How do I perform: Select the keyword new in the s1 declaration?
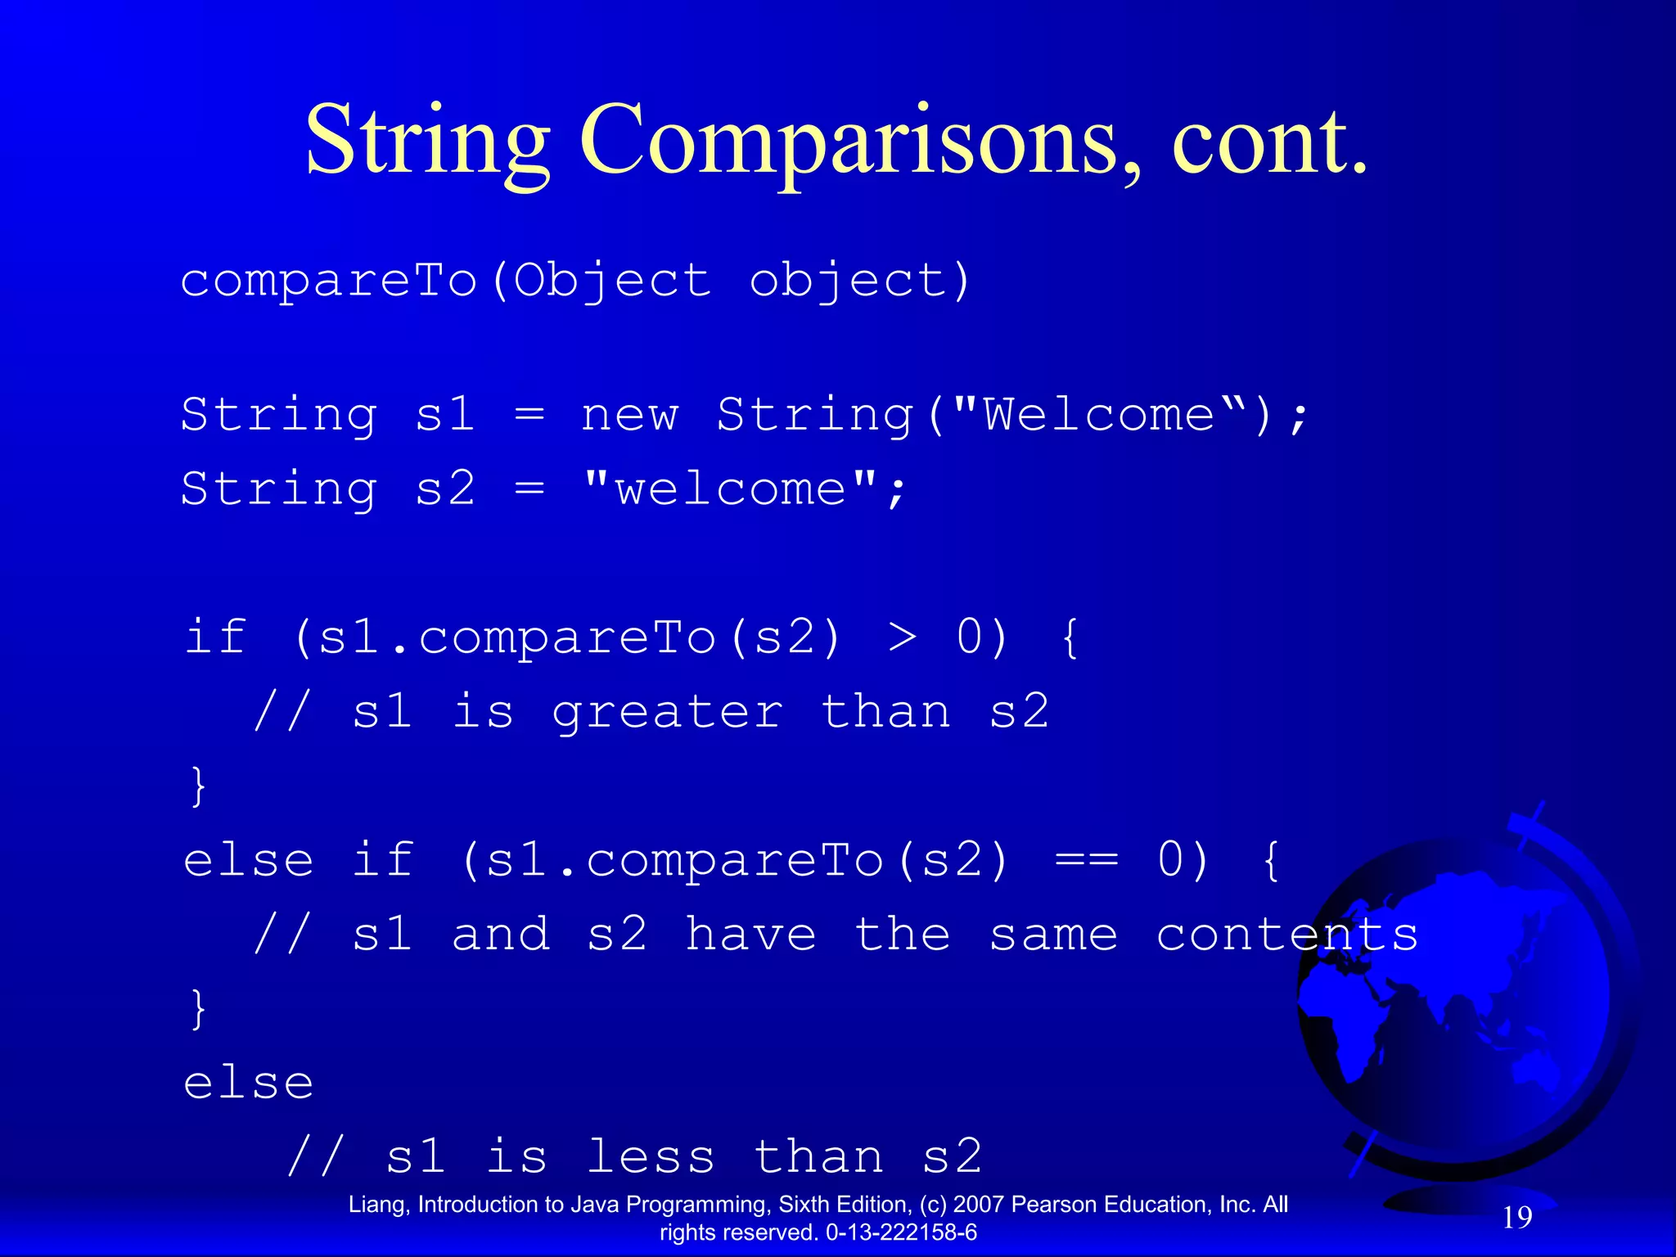[629, 415]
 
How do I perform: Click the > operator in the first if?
[902, 638]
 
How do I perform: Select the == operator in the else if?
[1086, 861]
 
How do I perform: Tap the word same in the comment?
[1053, 935]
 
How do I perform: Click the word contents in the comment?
[1286, 935]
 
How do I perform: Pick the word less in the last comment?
[651, 1157]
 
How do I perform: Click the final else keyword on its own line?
[249, 1084]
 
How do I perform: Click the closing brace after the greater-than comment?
[197, 786]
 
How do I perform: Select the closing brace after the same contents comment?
[197, 1009]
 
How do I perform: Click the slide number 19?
[1517, 1218]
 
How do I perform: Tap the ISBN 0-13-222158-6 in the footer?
[901, 1232]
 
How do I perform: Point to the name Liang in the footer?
[378, 1205]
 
